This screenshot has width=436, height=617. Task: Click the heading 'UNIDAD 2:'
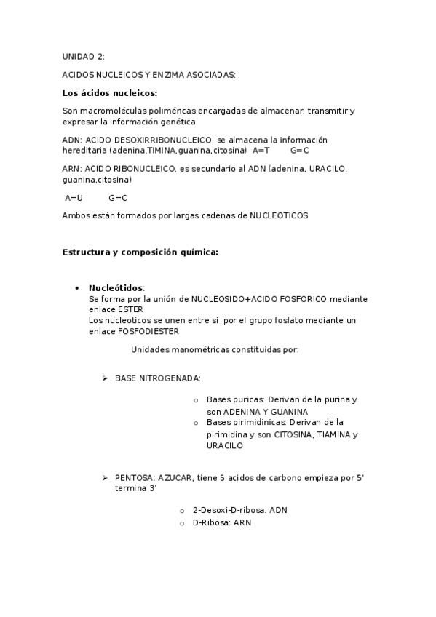coord(83,56)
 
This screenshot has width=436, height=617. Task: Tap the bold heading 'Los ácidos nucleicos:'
coord(109,92)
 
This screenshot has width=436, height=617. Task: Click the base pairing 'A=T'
coord(261,151)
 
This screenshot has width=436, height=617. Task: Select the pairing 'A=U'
coord(74,197)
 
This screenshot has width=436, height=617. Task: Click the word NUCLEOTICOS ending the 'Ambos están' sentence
coord(279,215)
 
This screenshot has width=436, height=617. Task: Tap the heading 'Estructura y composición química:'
coord(140,252)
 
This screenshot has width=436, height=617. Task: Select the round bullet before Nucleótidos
coord(76,288)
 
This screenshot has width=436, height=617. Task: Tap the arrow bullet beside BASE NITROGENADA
coord(105,378)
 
